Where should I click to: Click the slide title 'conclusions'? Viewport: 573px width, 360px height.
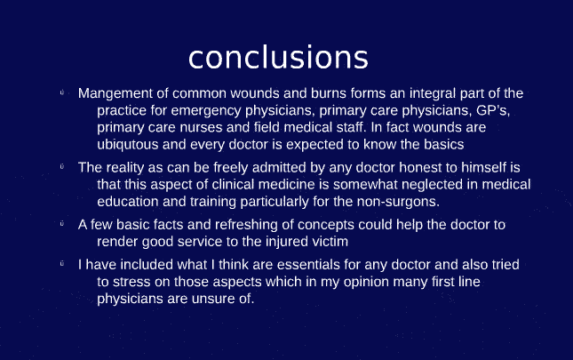278,57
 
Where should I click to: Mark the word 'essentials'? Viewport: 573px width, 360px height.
294,265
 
